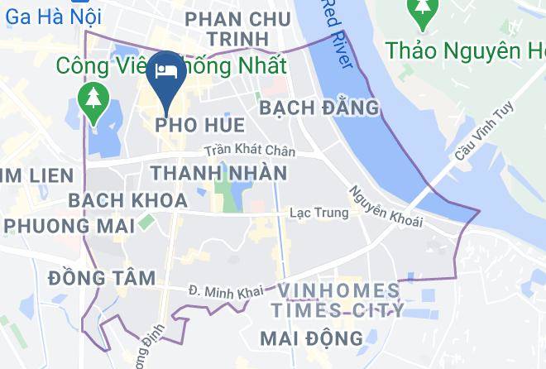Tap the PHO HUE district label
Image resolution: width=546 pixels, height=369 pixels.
[x=199, y=125]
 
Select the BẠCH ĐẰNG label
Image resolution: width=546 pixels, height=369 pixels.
[x=318, y=108]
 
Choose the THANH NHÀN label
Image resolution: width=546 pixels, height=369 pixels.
[x=219, y=174]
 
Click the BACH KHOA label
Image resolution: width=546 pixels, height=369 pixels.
[x=128, y=200]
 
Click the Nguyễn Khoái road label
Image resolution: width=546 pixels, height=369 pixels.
[x=386, y=207]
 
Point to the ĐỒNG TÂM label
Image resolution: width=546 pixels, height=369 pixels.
[x=102, y=277]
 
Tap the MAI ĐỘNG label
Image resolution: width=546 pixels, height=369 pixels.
[x=311, y=338]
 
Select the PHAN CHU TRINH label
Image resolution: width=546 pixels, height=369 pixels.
[x=238, y=28]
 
